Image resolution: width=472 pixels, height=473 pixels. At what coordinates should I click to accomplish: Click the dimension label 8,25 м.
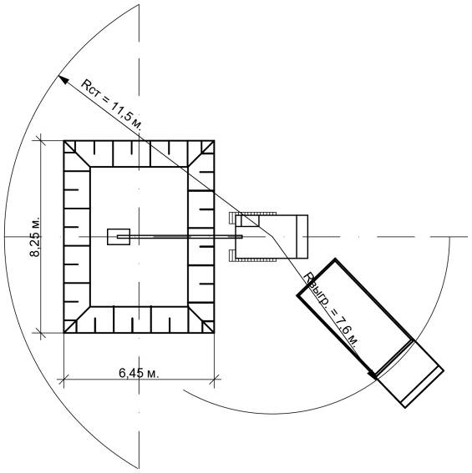(35, 237)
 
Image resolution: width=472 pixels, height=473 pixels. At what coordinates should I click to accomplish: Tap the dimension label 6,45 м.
(139, 373)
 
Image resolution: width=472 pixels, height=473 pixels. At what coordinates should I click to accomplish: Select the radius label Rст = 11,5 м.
(111, 104)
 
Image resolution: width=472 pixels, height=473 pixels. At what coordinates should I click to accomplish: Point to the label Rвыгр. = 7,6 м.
(331, 310)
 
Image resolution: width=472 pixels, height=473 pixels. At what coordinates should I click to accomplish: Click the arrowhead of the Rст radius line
(63, 79)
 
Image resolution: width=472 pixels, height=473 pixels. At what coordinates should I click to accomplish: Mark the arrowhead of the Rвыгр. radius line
(373, 374)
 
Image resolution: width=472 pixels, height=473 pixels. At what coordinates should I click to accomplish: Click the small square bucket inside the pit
(119, 237)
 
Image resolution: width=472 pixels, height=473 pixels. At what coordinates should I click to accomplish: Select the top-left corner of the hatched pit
(64, 141)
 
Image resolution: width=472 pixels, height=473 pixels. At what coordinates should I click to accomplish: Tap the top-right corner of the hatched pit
(214, 141)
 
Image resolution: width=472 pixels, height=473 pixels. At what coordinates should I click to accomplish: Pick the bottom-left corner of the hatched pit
(64, 333)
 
